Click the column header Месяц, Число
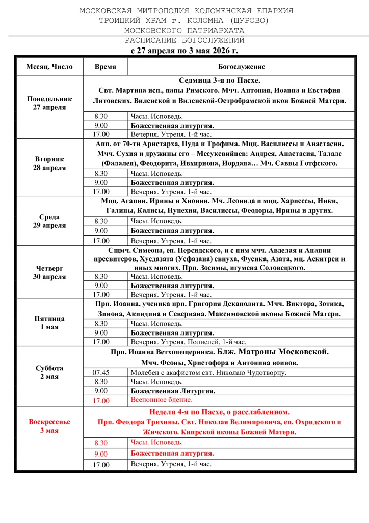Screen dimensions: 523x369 click(x=49, y=67)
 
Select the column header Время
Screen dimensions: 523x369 click(x=105, y=67)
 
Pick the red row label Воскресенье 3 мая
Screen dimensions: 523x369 click(x=49, y=426)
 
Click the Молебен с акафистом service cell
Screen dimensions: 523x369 click(x=208, y=372)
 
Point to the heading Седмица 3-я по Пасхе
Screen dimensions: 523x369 click(x=220, y=81)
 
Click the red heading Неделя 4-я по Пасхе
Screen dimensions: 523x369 click(x=220, y=412)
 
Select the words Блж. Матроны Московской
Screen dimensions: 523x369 click(x=273, y=352)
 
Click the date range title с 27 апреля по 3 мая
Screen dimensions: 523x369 click(x=184, y=51)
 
